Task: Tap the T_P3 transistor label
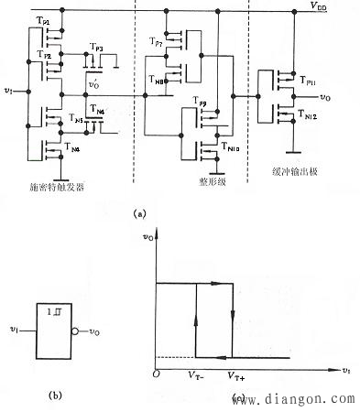tap(96, 47)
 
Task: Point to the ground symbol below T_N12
tap(289, 151)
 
